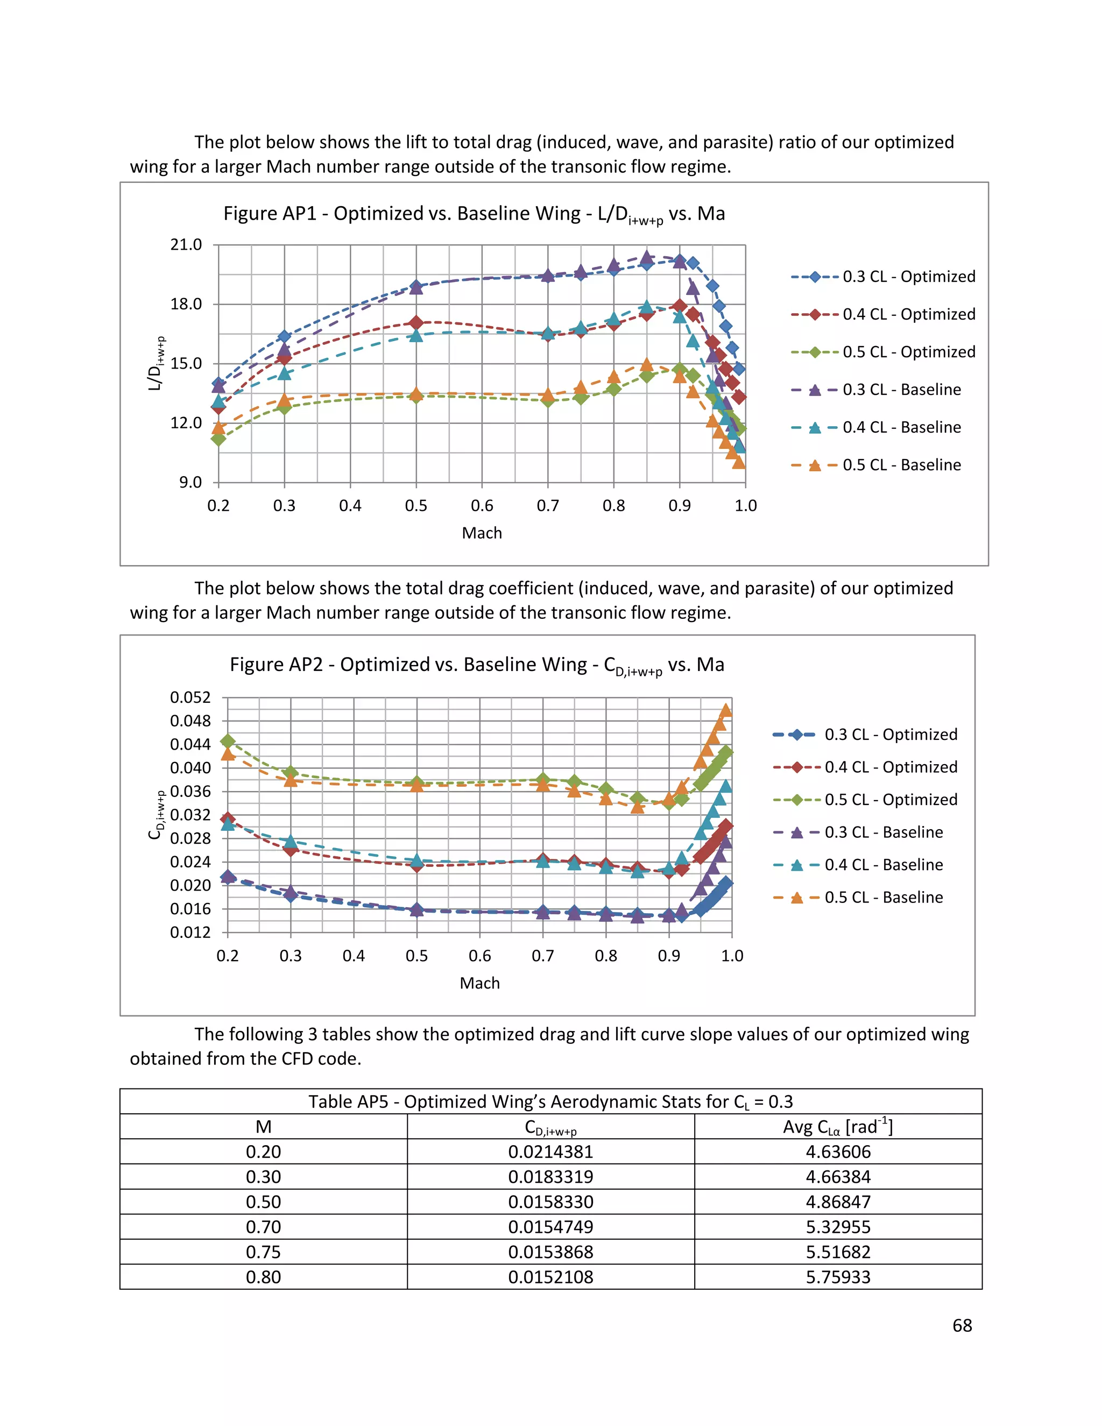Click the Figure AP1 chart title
coord(474,214)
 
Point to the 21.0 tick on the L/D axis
coord(186,245)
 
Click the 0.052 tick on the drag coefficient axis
coord(190,697)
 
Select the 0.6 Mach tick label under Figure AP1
coord(482,505)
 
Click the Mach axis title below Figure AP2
coord(479,983)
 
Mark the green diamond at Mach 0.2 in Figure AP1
coord(218,439)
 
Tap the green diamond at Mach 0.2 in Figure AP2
coord(228,741)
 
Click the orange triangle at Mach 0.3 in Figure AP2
coord(291,780)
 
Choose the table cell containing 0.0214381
coord(550,1152)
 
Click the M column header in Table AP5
coord(263,1127)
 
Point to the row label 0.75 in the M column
coord(263,1252)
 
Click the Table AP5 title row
coord(550,1102)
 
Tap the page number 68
coord(962,1325)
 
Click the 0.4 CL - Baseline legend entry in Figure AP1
coord(901,428)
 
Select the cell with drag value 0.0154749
coord(550,1227)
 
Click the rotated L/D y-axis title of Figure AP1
coord(156,364)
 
